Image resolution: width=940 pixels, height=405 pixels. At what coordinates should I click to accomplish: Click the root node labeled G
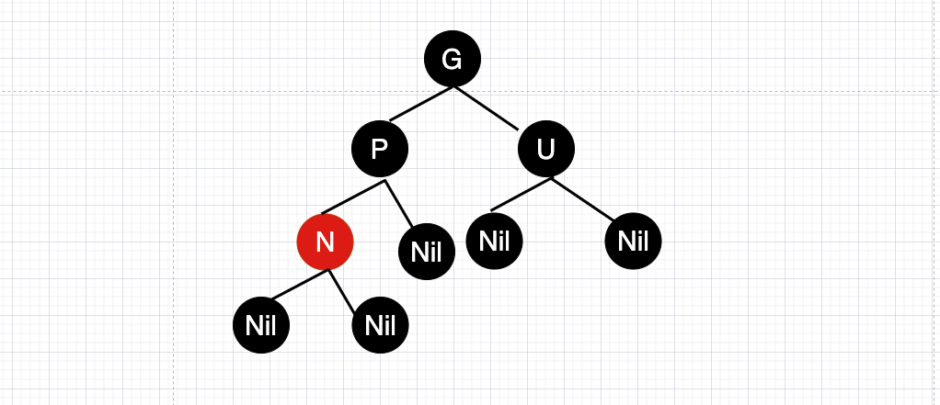tap(452, 59)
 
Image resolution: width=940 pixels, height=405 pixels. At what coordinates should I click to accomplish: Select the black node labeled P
tap(380, 149)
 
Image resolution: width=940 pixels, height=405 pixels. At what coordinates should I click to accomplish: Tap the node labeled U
tap(546, 149)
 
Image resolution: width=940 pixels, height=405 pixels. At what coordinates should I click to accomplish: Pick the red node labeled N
tap(325, 242)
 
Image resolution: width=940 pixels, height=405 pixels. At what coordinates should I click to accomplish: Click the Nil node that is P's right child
tap(427, 251)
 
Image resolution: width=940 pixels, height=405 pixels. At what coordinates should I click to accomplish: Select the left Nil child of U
tap(495, 241)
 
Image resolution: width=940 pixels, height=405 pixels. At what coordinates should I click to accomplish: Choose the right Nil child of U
tap(634, 241)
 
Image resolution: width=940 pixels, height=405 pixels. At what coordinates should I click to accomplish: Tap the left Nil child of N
tap(262, 324)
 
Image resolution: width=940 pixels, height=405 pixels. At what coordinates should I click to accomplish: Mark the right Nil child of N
tap(380, 324)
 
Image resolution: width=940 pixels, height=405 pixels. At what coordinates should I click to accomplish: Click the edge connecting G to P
tap(420, 104)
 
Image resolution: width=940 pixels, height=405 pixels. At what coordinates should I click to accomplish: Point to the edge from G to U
tap(487, 109)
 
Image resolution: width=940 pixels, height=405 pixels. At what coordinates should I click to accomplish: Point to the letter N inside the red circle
tap(325, 242)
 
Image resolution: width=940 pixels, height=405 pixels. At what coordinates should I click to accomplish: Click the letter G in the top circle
tap(452, 59)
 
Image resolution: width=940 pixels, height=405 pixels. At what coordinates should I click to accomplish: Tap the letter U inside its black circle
tap(546, 149)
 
